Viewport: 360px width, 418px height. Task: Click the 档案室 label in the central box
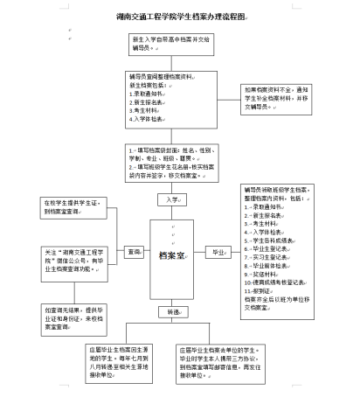pyautogui.click(x=171, y=256)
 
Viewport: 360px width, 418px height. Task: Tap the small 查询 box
pyautogui.click(x=133, y=251)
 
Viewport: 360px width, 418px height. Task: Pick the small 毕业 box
pyautogui.click(x=215, y=252)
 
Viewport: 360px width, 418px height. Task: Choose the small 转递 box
pyautogui.click(x=171, y=311)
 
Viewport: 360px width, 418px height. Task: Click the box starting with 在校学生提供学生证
pyautogui.click(x=74, y=206)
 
